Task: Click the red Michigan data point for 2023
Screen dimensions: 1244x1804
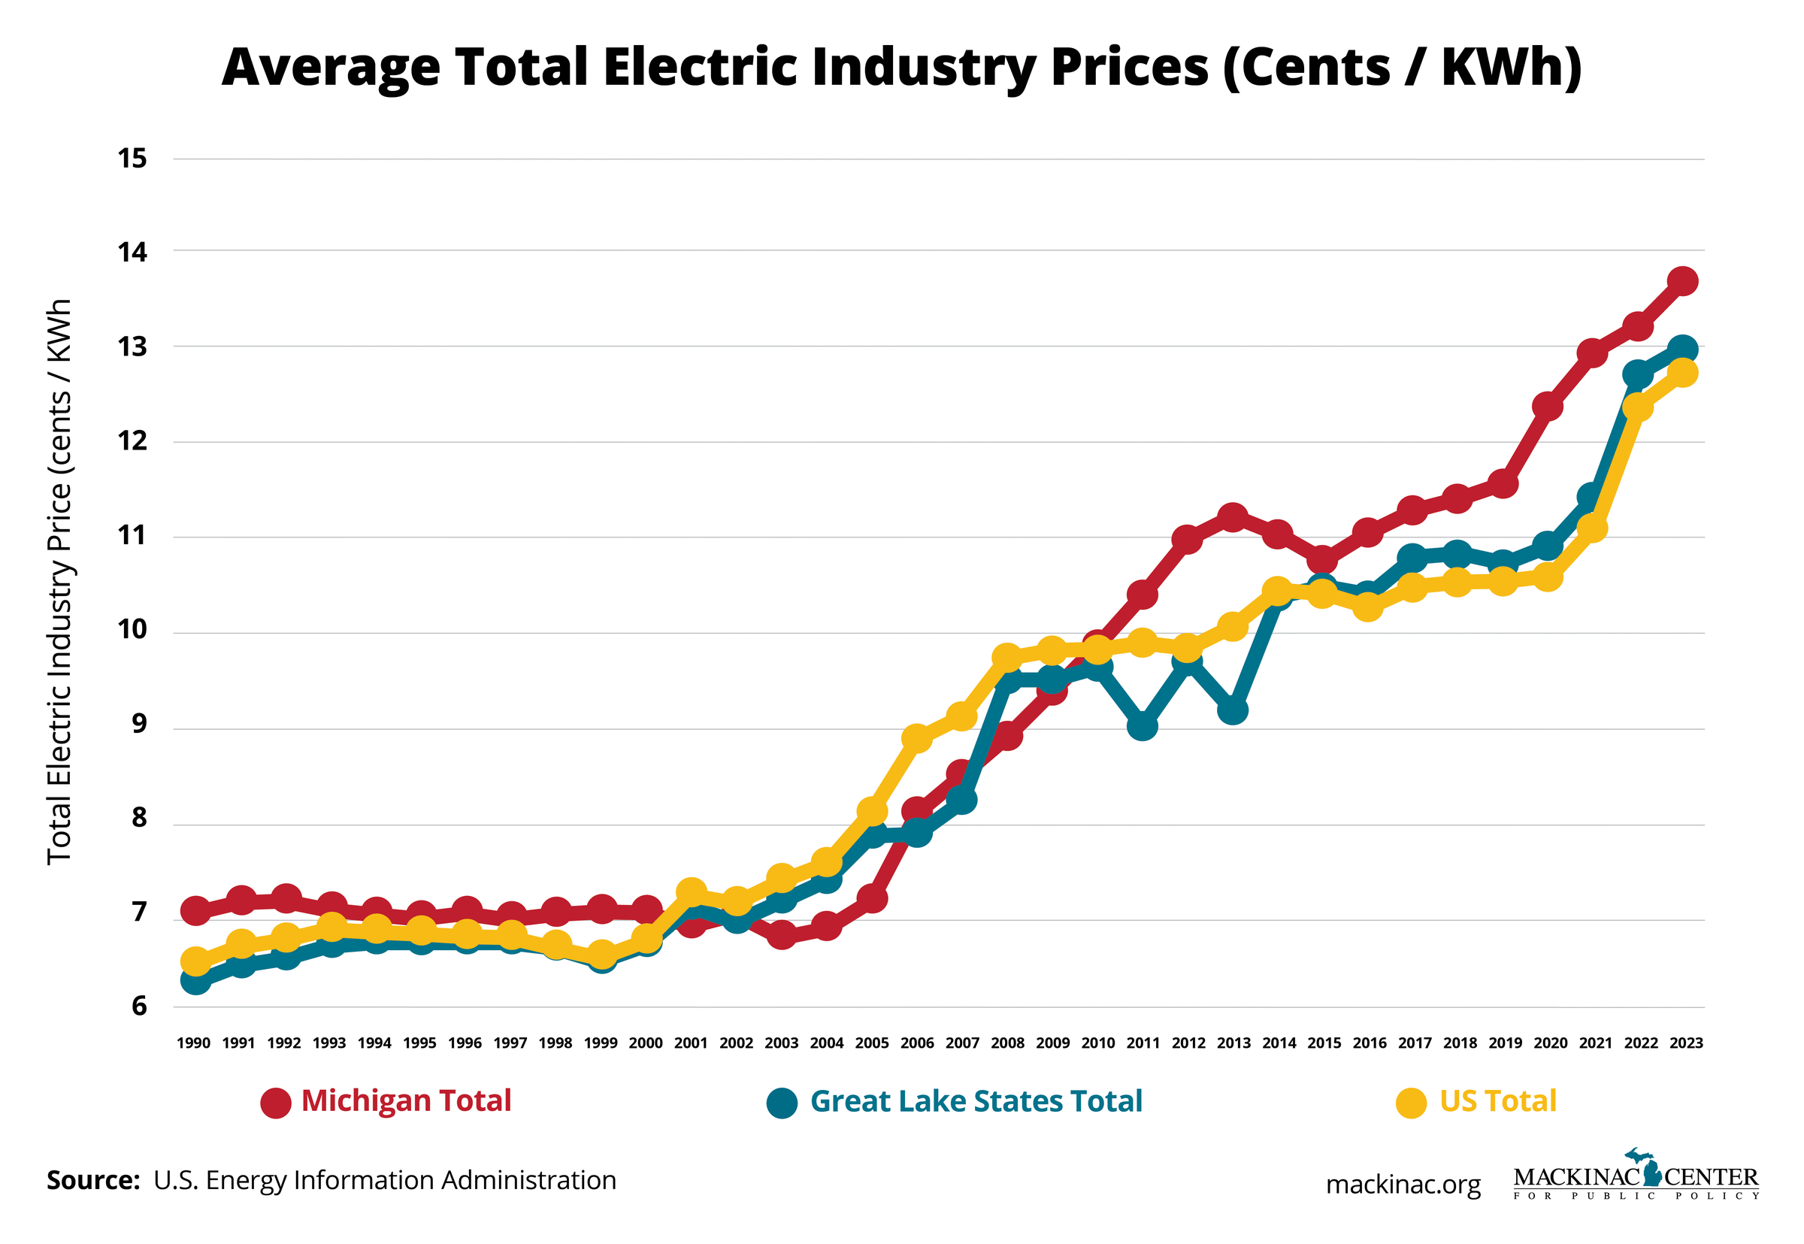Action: click(x=1681, y=280)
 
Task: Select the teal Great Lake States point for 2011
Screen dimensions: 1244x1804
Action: click(x=1142, y=725)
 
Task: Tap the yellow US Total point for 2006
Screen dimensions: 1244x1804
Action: click(x=916, y=738)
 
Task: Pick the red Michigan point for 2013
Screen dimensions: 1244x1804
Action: click(x=1232, y=518)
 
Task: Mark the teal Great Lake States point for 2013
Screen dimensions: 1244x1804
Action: click(x=1232, y=710)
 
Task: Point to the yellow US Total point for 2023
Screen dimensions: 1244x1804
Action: click(x=1681, y=374)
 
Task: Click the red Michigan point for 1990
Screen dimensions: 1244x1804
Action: click(x=195, y=910)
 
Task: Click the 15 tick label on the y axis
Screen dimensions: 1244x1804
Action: click(x=132, y=159)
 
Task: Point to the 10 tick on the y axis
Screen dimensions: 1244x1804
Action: click(x=132, y=629)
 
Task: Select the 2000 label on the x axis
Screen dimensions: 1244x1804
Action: click(x=645, y=1043)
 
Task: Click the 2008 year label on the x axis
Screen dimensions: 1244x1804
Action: click(x=1006, y=1043)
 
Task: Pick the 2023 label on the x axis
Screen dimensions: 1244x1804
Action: click(x=1685, y=1043)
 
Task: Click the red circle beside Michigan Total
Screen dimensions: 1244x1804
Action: click(x=276, y=1103)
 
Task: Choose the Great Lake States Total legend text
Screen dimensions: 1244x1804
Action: click(x=976, y=1101)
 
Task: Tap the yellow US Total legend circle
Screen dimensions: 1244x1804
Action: click(x=1410, y=1103)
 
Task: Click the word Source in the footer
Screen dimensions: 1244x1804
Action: click(x=92, y=1180)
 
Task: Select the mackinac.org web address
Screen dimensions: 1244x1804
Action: click(x=1403, y=1185)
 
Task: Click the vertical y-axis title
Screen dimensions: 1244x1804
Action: click(x=60, y=582)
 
